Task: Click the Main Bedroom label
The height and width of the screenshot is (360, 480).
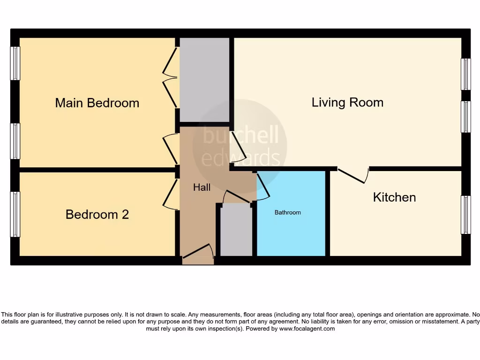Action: pos(97,103)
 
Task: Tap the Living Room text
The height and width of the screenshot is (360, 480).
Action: pos(347,102)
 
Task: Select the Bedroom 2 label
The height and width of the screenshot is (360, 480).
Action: pos(97,214)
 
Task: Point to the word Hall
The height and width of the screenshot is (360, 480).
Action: pos(202,187)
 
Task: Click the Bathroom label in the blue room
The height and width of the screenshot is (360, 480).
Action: pos(287,212)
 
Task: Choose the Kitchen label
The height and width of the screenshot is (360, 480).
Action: pos(394,197)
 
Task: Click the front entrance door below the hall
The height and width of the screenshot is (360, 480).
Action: pos(198,251)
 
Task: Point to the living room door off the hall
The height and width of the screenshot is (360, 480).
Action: pos(238,148)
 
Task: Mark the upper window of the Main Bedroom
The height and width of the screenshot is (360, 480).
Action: pos(15,63)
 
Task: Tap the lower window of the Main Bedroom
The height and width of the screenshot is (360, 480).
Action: pos(15,141)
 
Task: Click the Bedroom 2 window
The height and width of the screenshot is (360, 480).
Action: pos(15,214)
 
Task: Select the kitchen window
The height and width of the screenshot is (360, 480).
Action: pos(465,215)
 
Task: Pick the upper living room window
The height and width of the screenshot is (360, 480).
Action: pos(465,74)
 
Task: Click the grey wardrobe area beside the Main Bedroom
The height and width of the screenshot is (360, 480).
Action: pos(204,80)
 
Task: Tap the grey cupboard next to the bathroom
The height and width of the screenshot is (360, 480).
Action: pos(236,230)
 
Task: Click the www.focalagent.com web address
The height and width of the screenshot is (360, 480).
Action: pos(307,329)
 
